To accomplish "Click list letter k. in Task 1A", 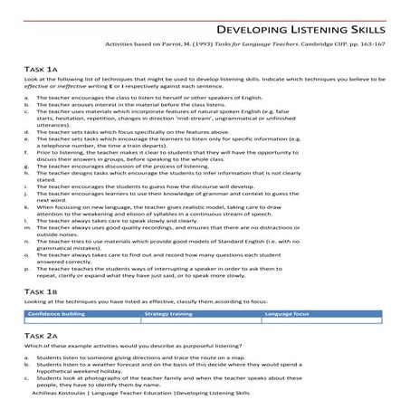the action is [x=27, y=207].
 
